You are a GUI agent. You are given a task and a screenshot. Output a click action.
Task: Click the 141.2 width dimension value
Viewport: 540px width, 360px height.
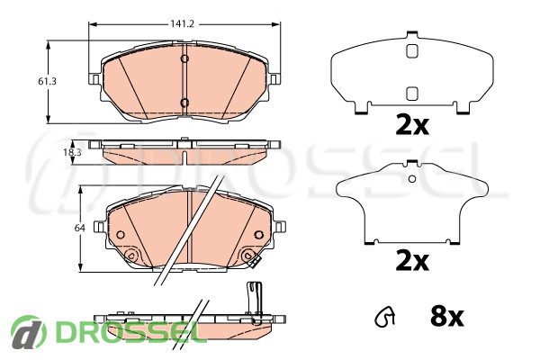(183, 23)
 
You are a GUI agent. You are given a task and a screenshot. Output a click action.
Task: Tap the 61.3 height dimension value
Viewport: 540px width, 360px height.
(47, 82)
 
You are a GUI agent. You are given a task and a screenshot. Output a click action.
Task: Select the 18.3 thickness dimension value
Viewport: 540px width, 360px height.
(72, 152)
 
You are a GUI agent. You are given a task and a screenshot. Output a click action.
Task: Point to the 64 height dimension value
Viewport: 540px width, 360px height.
(80, 228)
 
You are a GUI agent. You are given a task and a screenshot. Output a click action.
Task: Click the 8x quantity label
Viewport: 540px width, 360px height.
(447, 317)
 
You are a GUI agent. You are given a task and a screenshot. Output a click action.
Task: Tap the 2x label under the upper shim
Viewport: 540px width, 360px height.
(412, 126)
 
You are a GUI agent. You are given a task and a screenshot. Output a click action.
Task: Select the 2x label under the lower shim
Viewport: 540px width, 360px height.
(412, 262)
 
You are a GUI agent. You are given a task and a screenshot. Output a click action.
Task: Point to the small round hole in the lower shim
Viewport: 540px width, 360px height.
(412, 179)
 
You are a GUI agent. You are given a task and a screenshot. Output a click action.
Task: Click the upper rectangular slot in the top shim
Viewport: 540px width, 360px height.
(412, 51)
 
